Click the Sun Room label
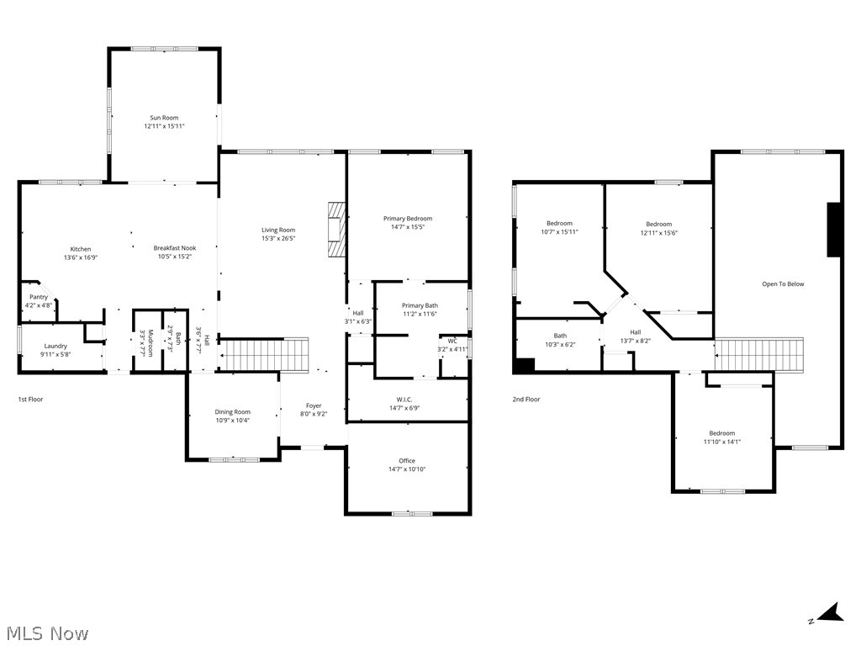pos(164,118)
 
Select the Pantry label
pos(39,297)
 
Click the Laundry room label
pos(55,346)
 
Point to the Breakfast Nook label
pos(174,248)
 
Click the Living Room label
pos(278,230)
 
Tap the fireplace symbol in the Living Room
pos(336,228)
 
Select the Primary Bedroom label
pos(408,219)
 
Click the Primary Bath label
pos(420,305)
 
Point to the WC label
pos(452,341)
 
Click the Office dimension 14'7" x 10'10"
pos(408,469)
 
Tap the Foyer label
pos(313,405)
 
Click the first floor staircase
pos(264,354)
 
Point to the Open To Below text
pos(783,284)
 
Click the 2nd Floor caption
pos(526,400)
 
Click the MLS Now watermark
pos(46,633)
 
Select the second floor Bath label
pos(560,336)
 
